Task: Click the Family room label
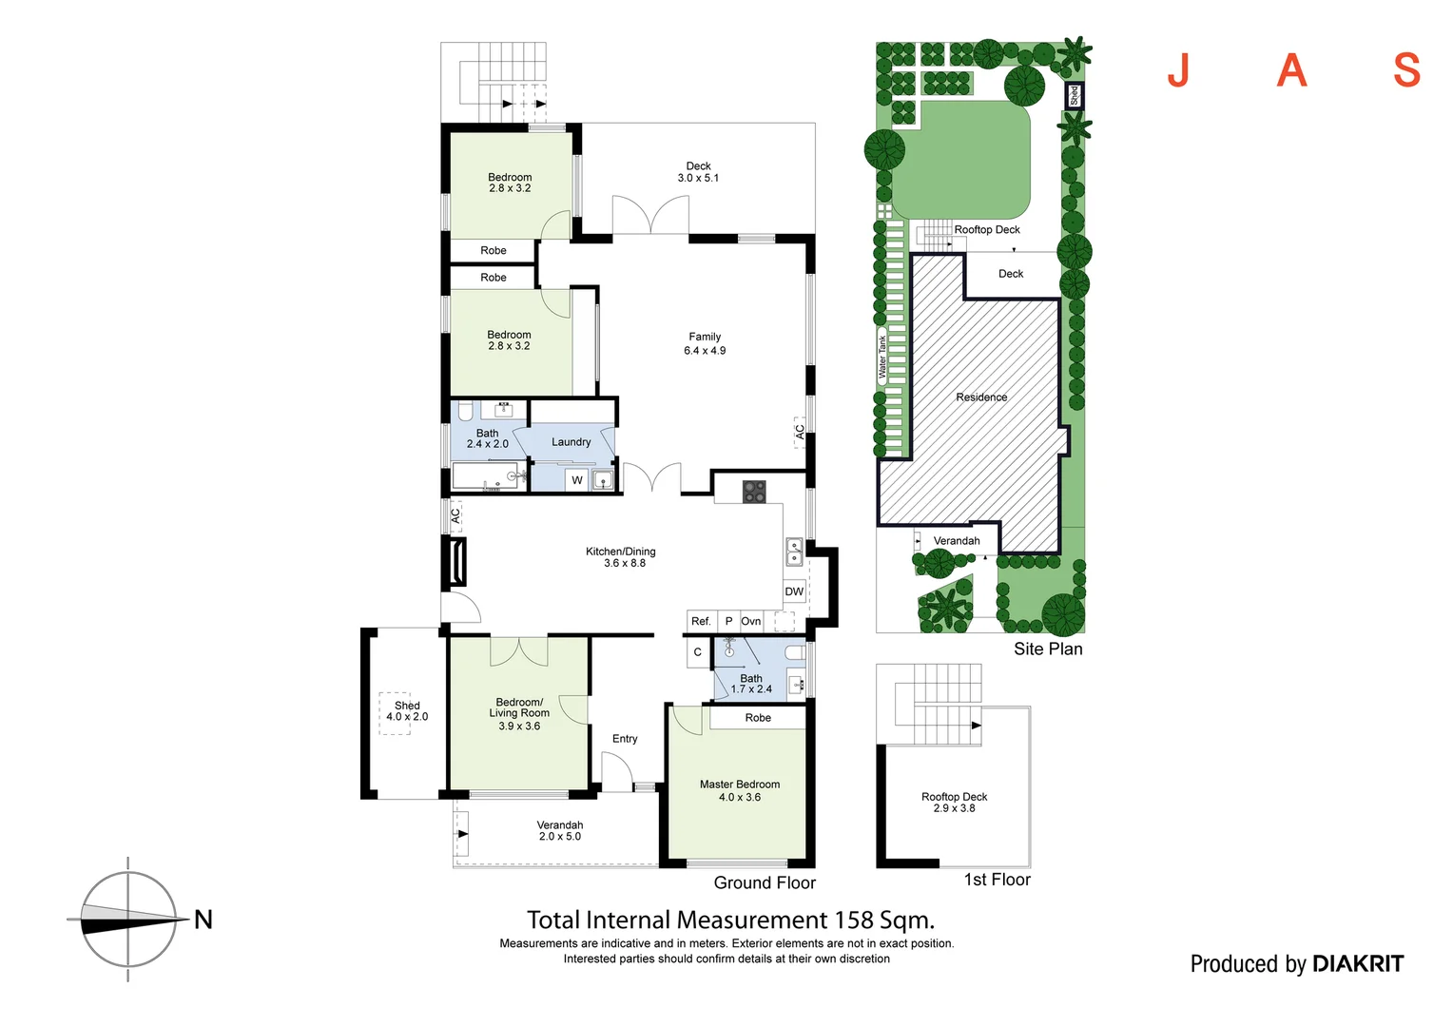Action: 705,343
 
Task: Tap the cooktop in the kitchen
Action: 754,492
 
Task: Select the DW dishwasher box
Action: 794,591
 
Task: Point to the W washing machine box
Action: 576,480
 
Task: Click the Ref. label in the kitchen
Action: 701,621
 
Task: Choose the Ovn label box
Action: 751,621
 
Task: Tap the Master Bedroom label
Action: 740,790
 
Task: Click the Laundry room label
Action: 571,442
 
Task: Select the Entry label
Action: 625,739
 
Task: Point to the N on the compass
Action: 203,920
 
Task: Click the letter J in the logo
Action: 1178,70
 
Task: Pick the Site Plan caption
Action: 1048,649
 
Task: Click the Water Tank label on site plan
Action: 882,358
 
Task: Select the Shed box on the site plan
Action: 1075,95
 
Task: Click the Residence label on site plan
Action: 981,397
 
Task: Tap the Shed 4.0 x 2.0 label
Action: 407,711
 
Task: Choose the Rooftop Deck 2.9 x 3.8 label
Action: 954,803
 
